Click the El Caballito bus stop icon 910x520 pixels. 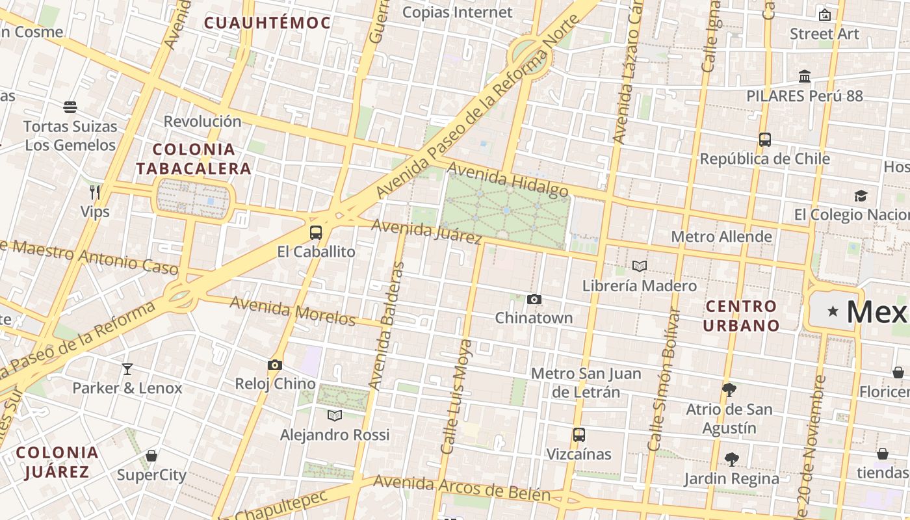pyautogui.click(x=316, y=232)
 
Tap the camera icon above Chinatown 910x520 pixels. pyautogui.click(x=534, y=299)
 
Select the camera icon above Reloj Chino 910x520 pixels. pyautogui.click(x=275, y=365)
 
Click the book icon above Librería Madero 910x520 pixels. pyautogui.click(x=640, y=266)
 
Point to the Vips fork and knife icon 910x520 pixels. pyautogui.click(x=95, y=192)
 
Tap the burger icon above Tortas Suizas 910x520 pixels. pyautogui.click(x=70, y=107)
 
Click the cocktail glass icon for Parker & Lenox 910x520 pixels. pyautogui.click(x=127, y=369)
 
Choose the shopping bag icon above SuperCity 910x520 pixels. pyautogui.click(x=151, y=456)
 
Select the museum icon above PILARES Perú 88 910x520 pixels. pyautogui.click(x=805, y=77)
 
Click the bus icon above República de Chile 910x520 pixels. pyautogui.click(x=765, y=139)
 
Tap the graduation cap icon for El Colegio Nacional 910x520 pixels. pyautogui.click(x=861, y=196)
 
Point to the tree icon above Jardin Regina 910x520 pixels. pyautogui.click(x=732, y=460)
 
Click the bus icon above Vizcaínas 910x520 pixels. pyautogui.click(x=578, y=435)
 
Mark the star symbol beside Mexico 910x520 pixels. pyautogui.click(x=833, y=311)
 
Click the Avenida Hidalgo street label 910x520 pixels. pyautogui.click(x=508, y=180)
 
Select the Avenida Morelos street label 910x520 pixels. pyautogui.click(x=292, y=311)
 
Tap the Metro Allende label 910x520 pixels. pyautogui.click(x=721, y=237)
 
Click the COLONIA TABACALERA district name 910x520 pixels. pyautogui.click(x=194, y=159)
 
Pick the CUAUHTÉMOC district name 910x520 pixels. pyautogui.click(x=267, y=23)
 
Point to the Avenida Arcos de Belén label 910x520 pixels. pyautogui.click(x=461, y=488)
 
